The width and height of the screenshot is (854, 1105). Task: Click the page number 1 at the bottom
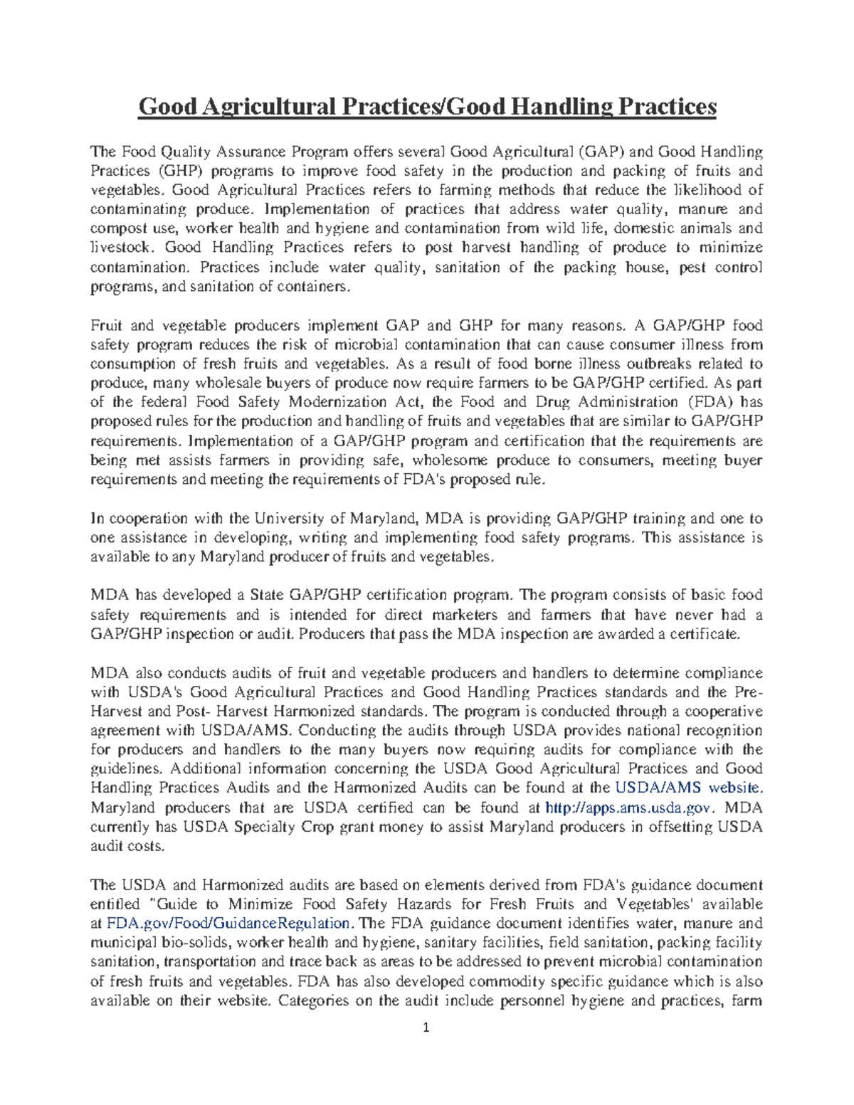click(x=426, y=1027)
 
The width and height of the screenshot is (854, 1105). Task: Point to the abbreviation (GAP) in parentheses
click(x=601, y=152)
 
